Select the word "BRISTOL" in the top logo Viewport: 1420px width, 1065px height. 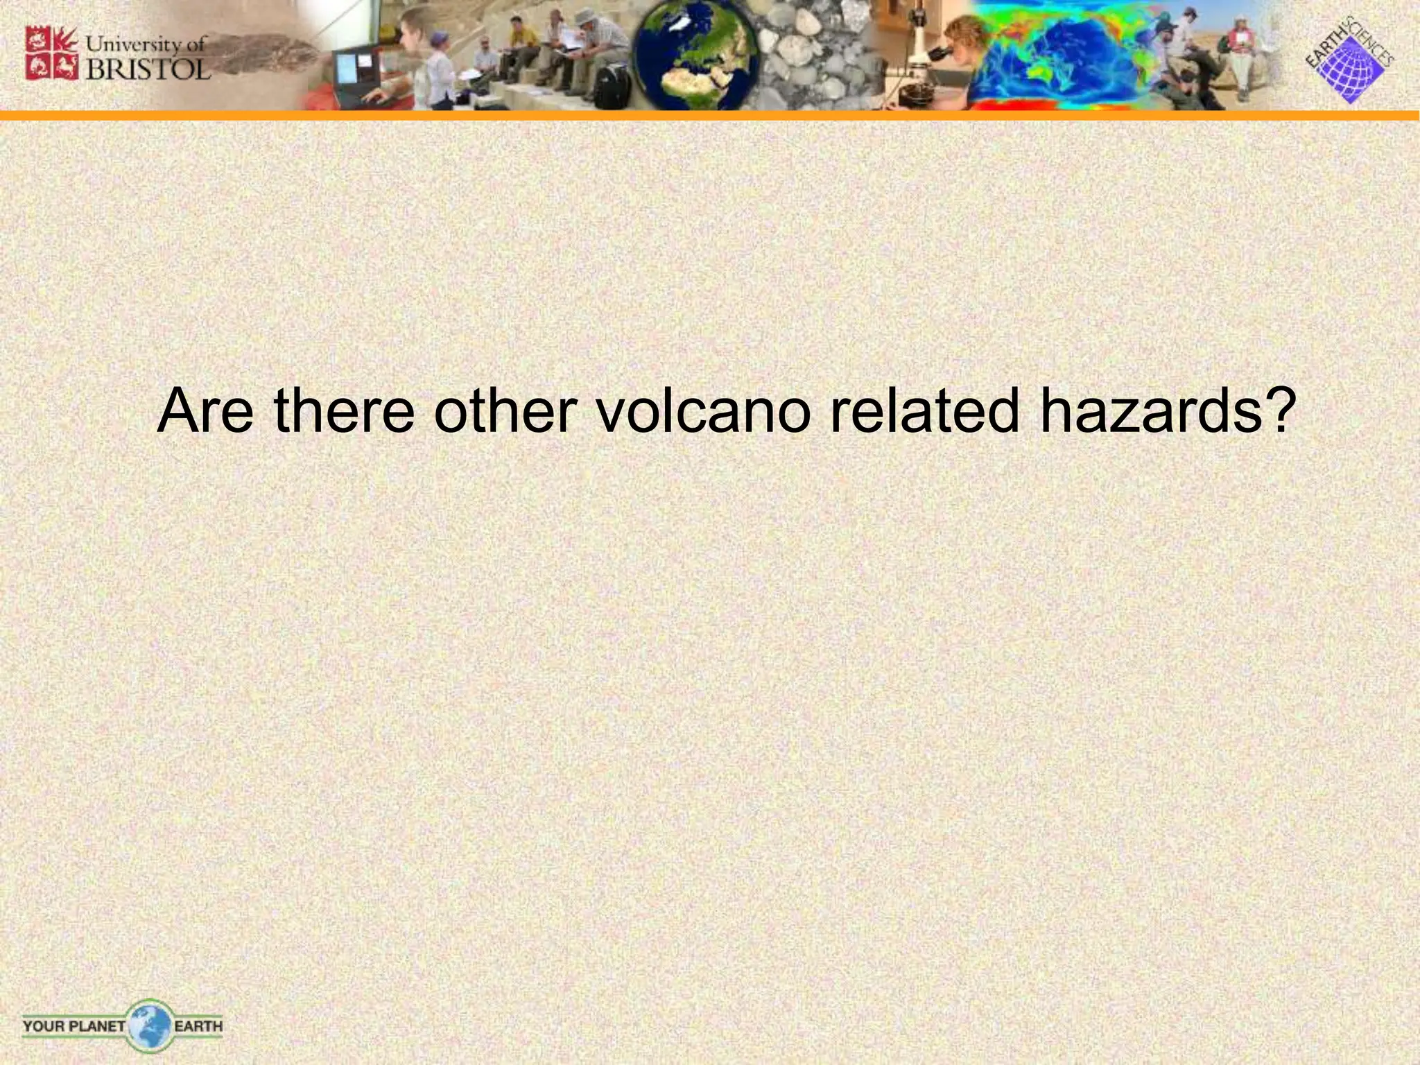(x=148, y=69)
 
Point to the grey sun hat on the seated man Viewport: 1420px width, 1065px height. (x=587, y=15)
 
